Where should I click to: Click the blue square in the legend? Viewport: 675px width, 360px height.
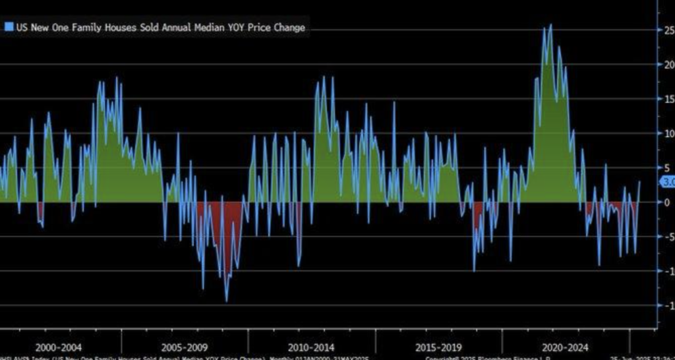(9, 28)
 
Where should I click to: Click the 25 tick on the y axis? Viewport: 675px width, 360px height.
(668, 30)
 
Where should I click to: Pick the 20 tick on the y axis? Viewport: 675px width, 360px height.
(668, 65)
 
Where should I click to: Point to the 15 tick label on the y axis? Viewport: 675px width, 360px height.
(668, 99)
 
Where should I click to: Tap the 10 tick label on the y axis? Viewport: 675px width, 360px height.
(668, 133)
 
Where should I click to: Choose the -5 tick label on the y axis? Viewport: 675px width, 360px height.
(668, 237)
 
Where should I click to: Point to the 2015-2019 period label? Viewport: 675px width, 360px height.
(439, 346)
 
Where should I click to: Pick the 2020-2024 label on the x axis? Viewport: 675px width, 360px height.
(566, 346)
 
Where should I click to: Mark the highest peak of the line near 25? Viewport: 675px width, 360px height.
(550, 25)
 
